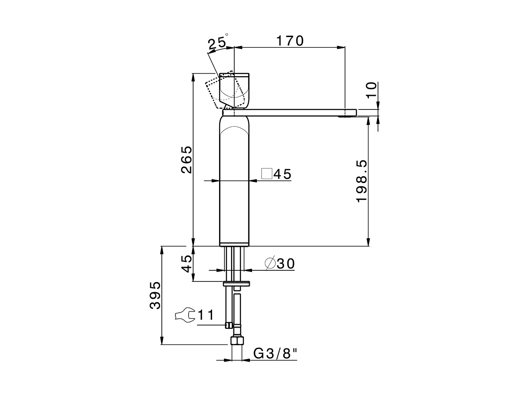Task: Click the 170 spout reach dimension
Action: [x=289, y=41]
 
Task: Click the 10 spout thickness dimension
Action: [x=371, y=90]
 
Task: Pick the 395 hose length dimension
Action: [x=155, y=295]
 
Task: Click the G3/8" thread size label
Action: [x=275, y=353]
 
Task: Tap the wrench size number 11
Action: [x=206, y=316]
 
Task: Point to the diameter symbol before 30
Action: [x=270, y=263]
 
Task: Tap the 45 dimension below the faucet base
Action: [x=187, y=263]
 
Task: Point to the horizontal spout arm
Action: [x=296, y=112]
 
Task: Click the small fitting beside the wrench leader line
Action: [x=227, y=325]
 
